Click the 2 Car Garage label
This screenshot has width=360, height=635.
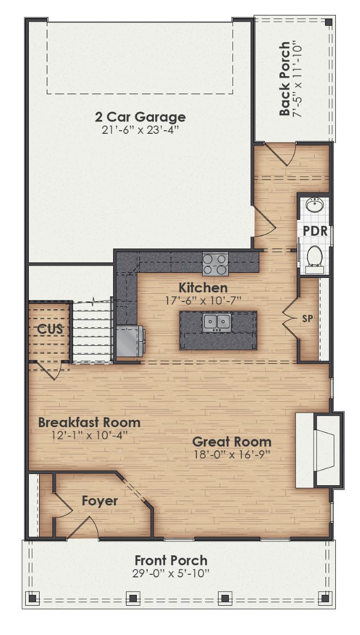140,117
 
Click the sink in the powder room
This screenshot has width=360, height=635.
314,205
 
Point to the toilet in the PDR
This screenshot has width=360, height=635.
314,256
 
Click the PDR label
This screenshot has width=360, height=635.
315,231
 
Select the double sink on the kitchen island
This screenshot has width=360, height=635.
217,322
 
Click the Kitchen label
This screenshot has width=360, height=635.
203,287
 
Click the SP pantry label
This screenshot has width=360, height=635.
307,319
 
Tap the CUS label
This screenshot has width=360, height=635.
50,328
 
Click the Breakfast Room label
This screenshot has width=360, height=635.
89,422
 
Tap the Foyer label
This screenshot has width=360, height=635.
100,501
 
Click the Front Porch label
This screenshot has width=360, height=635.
171,560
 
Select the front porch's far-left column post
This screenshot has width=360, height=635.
32,598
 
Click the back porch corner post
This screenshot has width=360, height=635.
328,22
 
